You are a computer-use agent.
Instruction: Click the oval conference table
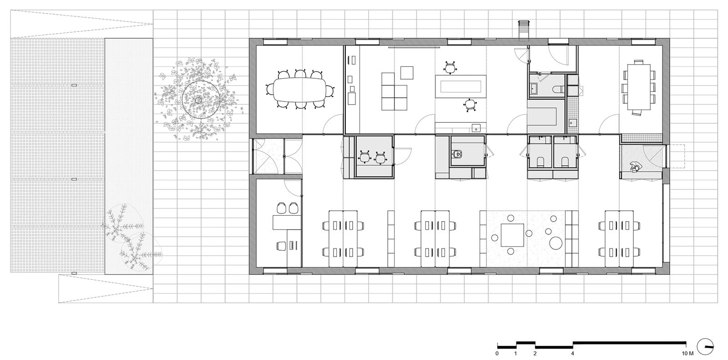pos(299,89)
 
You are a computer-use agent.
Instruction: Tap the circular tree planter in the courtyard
pos(201,100)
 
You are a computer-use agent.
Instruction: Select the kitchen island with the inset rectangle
pos(460,86)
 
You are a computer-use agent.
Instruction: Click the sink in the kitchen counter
pos(476,128)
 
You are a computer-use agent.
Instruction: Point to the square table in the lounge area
pos(512,235)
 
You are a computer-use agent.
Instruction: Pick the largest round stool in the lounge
pos(556,243)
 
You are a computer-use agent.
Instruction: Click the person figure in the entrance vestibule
pos(635,167)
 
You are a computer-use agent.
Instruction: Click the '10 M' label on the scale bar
pos(688,354)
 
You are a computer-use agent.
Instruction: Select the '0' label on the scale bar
pos(497,354)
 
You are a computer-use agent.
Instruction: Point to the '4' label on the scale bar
pos(573,354)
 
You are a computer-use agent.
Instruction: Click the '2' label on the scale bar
pos(535,354)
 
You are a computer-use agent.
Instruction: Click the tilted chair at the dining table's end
pos(637,112)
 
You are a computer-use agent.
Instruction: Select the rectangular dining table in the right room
pos(639,87)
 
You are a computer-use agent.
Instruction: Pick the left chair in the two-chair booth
pos(364,157)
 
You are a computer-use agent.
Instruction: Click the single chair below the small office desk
pos(282,246)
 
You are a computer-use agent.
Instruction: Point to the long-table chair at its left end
pos(269,89)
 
